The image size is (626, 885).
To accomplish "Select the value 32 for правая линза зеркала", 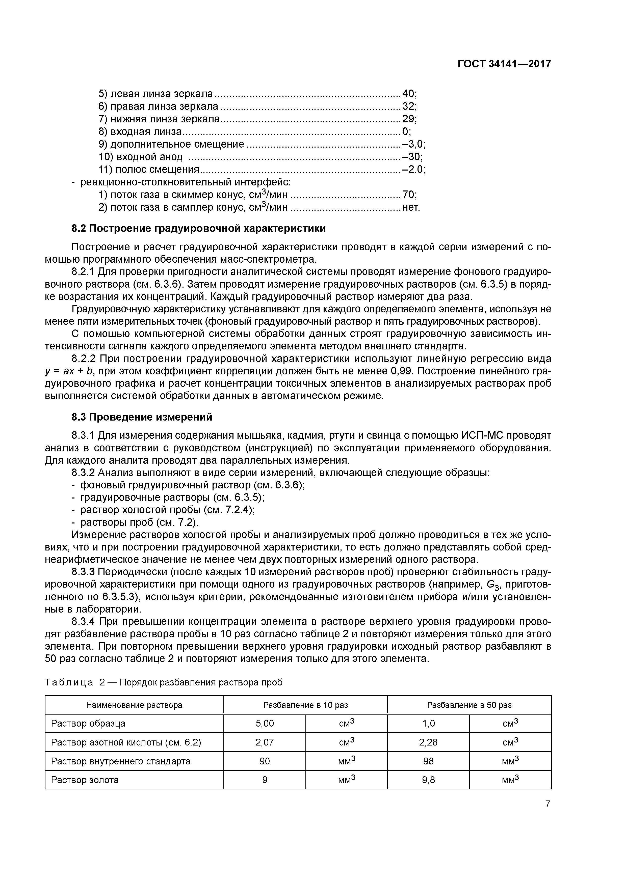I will pos(408,106).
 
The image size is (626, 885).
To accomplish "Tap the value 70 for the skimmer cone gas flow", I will pos(408,195).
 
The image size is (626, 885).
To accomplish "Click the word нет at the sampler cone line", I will pos(410,208).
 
